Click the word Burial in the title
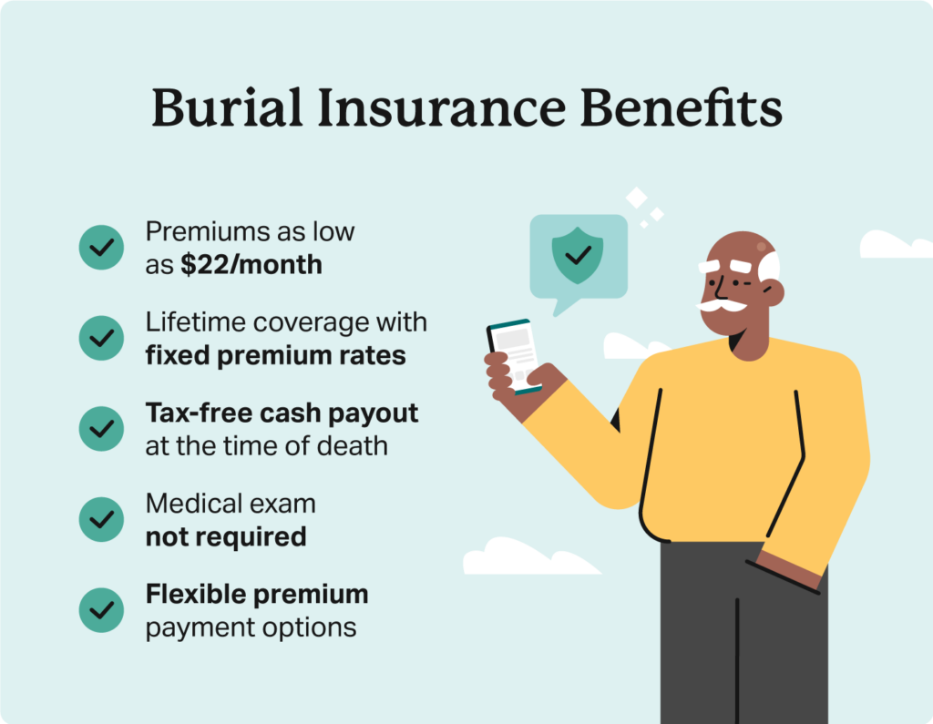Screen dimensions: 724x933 point(212,108)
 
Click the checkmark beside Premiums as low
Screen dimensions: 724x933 point(101,247)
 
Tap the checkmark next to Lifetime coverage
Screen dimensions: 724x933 point(101,338)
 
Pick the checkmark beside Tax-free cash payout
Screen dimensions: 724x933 point(101,428)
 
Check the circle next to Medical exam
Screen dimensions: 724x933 point(101,519)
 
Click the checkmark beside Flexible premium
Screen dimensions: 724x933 point(101,610)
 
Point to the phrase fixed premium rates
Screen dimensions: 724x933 point(275,354)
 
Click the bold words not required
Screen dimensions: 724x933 point(225,536)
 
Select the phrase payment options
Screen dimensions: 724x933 point(251,627)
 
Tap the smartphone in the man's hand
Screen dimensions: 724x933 point(514,356)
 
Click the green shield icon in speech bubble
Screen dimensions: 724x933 point(577,256)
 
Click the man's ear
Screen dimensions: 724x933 point(772,291)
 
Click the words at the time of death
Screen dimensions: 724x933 point(266,445)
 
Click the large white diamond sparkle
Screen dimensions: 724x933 point(636,197)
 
